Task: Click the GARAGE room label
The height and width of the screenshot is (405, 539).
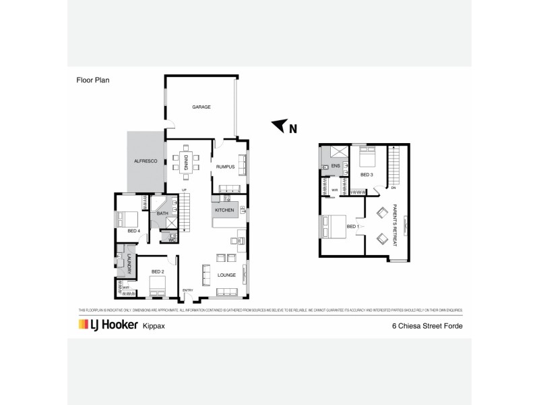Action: pos(201,107)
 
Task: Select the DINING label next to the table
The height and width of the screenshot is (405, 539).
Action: pos(186,162)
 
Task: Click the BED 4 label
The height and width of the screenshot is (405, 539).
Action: pos(133,231)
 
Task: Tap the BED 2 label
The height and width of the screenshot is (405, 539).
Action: pos(158,271)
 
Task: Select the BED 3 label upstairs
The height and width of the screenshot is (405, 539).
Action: pos(367,174)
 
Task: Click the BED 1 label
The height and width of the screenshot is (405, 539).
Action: pos(351,226)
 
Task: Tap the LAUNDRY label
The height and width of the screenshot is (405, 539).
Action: pos(128,264)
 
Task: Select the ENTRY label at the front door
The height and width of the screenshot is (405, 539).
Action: pos(188,291)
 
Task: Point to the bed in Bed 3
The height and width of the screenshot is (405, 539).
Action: pos(367,159)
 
